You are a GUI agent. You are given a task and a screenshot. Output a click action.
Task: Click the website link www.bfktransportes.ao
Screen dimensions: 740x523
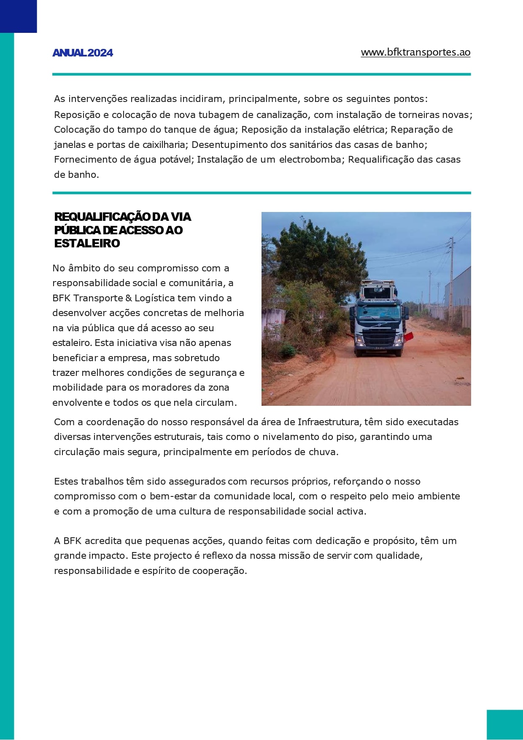click(x=415, y=52)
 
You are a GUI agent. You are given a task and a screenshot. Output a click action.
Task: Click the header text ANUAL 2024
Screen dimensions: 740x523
click(x=83, y=53)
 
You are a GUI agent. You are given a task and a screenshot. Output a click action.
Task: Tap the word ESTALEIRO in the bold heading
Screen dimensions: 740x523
click(x=87, y=244)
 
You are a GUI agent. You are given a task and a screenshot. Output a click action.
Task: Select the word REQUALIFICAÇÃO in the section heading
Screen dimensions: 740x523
click(x=102, y=217)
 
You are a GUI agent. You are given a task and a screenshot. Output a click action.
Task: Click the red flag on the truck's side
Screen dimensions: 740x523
click(x=409, y=336)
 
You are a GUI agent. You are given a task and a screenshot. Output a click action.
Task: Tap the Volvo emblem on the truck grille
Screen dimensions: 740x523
click(x=378, y=325)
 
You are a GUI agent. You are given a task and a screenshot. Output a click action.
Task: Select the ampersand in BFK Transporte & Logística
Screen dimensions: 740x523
click(x=128, y=298)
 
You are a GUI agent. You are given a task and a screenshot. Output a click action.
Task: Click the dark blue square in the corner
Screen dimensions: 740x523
click(x=18, y=16)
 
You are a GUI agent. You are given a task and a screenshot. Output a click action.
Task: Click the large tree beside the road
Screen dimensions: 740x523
click(x=310, y=253)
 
